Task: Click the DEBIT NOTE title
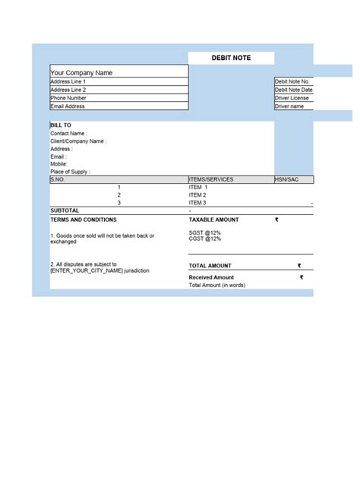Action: [231, 58]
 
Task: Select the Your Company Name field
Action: [81, 73]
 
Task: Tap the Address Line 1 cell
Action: [68, 81]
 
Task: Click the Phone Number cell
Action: [68, 98]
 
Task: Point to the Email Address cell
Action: [68, 106]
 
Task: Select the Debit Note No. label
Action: [292, 81]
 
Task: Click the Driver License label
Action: [292, 98]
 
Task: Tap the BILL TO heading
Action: [61, 125]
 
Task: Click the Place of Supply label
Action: [70, 172]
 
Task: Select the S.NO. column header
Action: [58, 179]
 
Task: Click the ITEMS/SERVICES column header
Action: [211, 179]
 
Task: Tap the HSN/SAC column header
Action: [288, 179]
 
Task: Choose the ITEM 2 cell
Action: [197, 195]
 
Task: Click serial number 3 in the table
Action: [119, 203]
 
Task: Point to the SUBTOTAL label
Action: [65, 210]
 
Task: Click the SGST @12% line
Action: [205, 232]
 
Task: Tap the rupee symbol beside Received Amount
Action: [301, 277]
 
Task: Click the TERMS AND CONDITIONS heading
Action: [84, 219]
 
